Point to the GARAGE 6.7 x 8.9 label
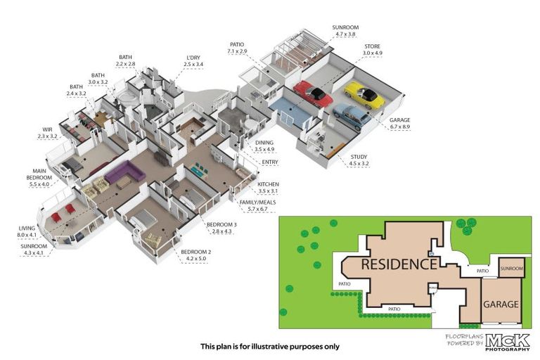(x=400, y=124)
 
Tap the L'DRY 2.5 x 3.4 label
(x=193, y=60)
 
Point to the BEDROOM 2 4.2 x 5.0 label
(x=195, y=255)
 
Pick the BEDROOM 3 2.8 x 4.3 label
(x=219, y=228)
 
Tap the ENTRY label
(x=269, y=162)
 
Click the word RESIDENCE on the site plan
(x=399, y=264)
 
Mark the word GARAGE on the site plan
(x=501, y=304)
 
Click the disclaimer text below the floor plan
(x=269, y=346)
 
